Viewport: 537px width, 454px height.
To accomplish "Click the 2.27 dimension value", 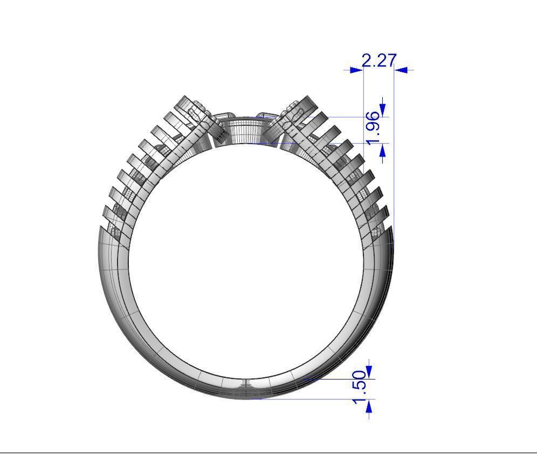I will coord(379,60).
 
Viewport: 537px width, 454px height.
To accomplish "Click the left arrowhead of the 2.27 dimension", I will coord(356,70).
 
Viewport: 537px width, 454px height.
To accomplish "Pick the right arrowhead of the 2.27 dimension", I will coord(402,70).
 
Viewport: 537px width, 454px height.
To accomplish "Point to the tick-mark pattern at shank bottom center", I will coord(246,384).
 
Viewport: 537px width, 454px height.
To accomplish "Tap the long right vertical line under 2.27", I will coord(394,162).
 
